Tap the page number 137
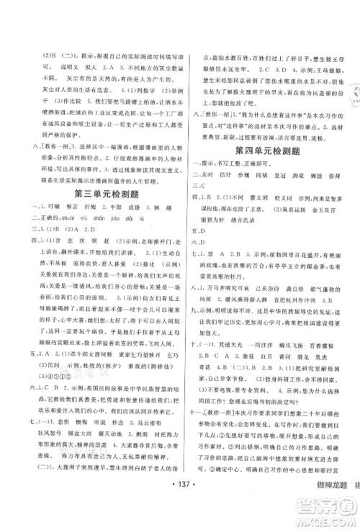pos(180,500)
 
